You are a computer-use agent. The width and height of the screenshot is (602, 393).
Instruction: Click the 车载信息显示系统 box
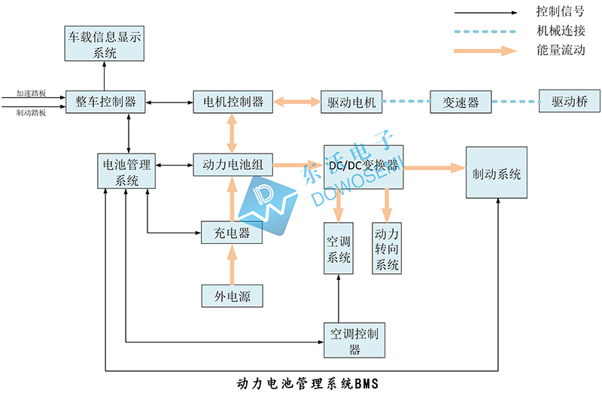(x=105, y=44)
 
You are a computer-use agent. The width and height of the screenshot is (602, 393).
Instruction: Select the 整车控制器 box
(x=105, y=102)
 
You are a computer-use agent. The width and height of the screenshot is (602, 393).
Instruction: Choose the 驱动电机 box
(x=351, y=102)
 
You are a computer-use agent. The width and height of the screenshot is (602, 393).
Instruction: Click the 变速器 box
(x=461, y=102)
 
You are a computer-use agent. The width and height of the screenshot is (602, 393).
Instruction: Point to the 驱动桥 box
(x=569, y=102)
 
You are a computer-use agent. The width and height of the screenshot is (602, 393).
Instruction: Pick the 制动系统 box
(x=497, y=174)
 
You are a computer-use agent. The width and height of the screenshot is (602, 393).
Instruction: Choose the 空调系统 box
(x=339, y=248)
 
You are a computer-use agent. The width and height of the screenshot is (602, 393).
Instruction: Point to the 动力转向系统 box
(x=387, y=248)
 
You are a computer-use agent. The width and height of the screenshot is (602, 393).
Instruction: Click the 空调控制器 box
(x=354, y=340)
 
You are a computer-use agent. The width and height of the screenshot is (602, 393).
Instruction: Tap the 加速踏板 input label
(x=32, y=95)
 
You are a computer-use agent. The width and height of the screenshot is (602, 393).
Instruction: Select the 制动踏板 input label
(x=32, y=113)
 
